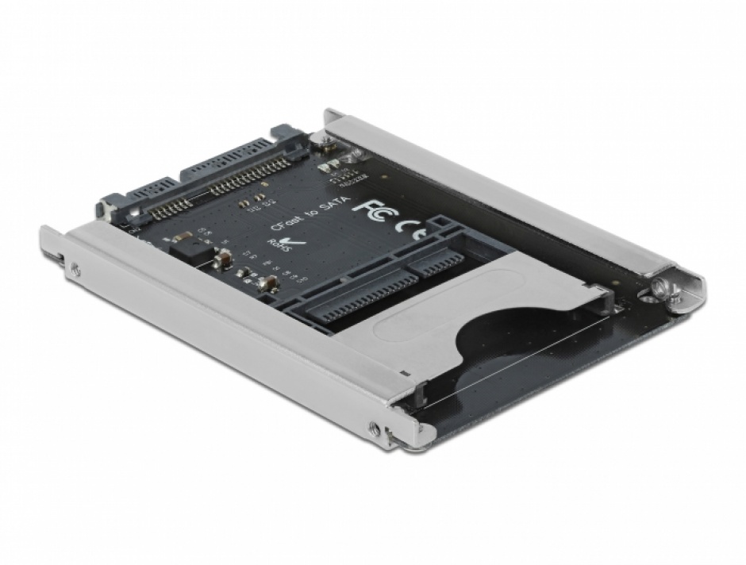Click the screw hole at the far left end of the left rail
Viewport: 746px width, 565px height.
pyautogui.click(x=74, y=267)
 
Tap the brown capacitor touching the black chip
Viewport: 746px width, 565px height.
pyautogui.click(x=222, y=258)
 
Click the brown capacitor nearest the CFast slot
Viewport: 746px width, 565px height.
pyautogui.click(x=269, y=284)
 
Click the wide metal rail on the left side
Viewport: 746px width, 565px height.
pyautogui.click(x=230, y=325)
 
